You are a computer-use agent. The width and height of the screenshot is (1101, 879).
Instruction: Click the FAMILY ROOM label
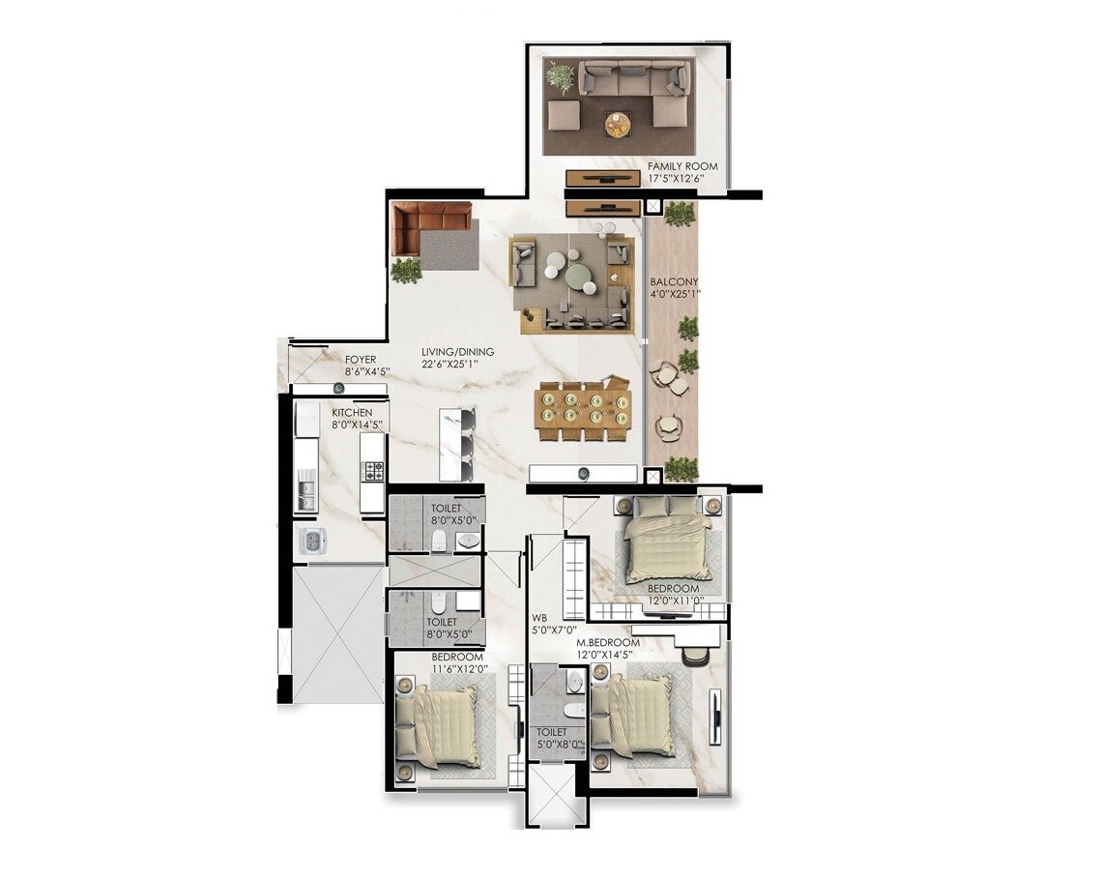[x=683, y=166]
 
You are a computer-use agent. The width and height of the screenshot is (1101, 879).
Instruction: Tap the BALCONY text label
[x=674, y=282]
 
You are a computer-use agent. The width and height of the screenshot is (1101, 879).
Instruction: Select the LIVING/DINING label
[x=457, y=352]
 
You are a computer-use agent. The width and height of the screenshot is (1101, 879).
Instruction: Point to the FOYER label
[x=360, y=359]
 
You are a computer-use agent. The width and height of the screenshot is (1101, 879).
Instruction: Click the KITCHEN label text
[x=352, y=412]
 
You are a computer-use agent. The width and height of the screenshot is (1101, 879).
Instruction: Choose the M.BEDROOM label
[x=608, y=643]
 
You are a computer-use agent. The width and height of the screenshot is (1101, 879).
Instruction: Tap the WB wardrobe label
[x=539, y=616]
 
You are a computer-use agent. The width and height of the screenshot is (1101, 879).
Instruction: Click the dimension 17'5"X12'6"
[x=683, y=179]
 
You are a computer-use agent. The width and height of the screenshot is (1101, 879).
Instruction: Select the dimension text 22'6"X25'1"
[x=457, y=365]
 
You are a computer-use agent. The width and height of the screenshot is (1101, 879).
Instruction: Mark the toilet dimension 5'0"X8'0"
[x=561, y=745]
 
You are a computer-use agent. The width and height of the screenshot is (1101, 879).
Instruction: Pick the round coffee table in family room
[x=617, y=123]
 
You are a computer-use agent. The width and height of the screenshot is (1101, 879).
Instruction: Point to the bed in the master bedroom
[x=639, y=715]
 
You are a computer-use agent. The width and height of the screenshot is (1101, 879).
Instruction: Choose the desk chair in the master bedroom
[x=696, y=655]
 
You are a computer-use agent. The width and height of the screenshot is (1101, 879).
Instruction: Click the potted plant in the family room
[x=559, y=76]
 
